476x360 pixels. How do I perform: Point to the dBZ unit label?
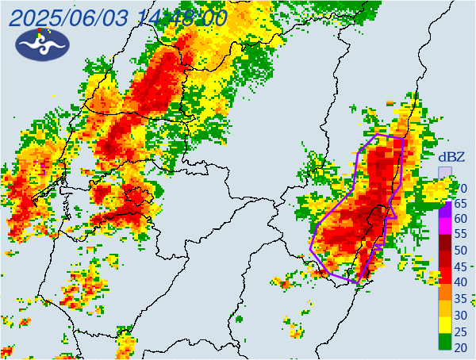tap(451, 156)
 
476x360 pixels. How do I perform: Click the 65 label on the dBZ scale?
tap(460, 203)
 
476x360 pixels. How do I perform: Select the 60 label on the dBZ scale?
tap(460, 219)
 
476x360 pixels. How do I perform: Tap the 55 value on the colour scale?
tap(460, 235)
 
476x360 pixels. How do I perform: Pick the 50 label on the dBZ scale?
tap(460, 251)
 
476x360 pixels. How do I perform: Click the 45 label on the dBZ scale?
tap(460, 266)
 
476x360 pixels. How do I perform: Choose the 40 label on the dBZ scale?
tap(460, 282)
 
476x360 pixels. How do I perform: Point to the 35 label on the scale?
tap(460, 298)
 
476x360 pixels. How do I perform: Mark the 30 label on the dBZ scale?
tap(460, 314)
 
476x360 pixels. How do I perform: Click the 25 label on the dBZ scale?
tap(460, 330)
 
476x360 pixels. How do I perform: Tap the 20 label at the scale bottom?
tap(460, 346)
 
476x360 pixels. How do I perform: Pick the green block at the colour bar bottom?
tap(445, 342)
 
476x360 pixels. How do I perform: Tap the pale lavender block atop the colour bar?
tap(445, 172)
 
